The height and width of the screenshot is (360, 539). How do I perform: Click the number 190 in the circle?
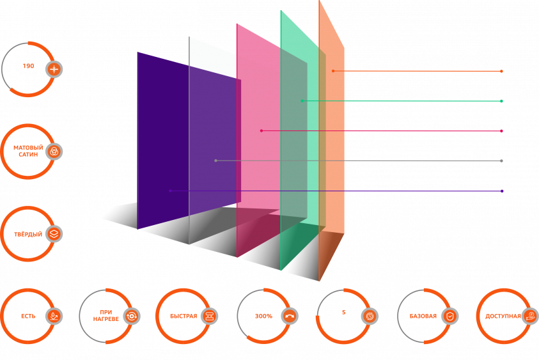(x=29, y=66)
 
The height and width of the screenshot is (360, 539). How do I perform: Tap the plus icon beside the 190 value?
(x=54, y=70)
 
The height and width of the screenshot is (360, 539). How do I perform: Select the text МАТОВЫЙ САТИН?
(x=28, y=151)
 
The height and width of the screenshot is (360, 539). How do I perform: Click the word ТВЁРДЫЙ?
(x=28, y=235)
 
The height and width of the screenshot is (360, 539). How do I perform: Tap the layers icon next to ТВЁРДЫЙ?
(x=54, y=234)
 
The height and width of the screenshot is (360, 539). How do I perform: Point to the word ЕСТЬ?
(x=28, y=316)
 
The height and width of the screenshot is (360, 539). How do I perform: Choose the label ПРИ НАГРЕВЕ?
(x=106, y=316)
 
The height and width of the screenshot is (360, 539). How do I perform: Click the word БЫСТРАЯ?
(x=184, y=316)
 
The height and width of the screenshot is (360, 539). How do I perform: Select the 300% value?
(x=263, y=316)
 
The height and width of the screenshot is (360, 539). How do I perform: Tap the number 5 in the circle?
(x=344, y=312)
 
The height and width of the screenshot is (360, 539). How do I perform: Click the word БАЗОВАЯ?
(x=423, y=316)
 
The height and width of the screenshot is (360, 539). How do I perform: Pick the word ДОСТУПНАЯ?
(x=503, y=316)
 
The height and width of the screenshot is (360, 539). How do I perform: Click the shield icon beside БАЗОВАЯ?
(x=449, y=316)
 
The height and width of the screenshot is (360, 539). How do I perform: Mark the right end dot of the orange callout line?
(x=501, y=71)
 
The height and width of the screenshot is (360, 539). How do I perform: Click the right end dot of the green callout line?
(x=501, y=101)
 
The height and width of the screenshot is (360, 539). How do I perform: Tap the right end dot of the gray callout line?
(x=501, y=161)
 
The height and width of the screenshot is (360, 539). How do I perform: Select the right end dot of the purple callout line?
(x=502, y=191)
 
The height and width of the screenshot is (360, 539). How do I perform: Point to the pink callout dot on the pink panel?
(x=262, y=130)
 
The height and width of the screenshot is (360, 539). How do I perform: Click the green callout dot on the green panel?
(x=302, y=101)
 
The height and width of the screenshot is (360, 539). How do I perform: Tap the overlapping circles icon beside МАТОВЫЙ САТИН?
(x=54, y=152)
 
